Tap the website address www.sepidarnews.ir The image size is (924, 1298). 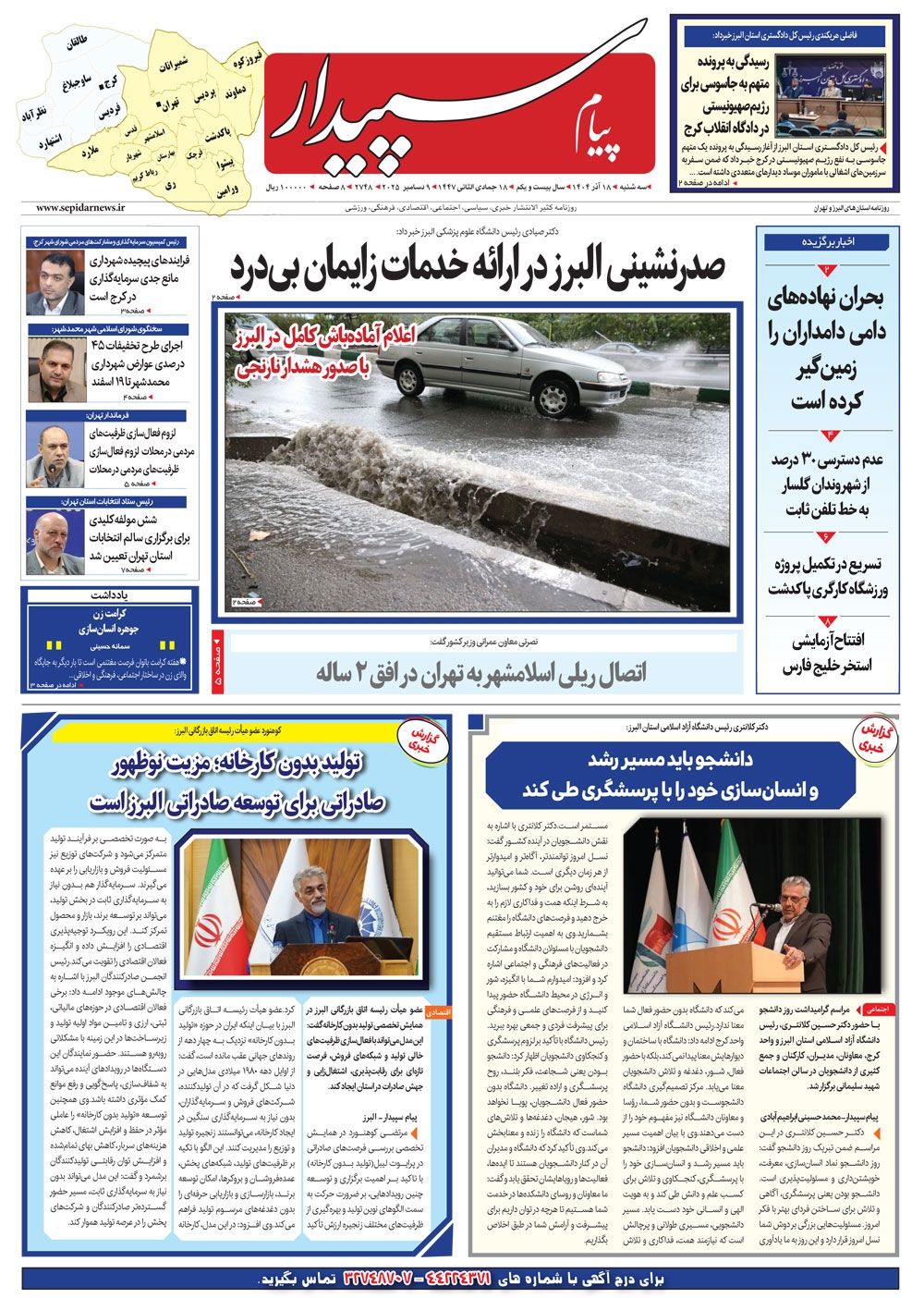(81, 209)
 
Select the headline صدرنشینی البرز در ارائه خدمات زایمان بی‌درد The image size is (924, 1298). (477, 267)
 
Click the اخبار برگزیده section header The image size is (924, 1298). (829, 242)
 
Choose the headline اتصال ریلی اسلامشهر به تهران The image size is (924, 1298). (481, 674)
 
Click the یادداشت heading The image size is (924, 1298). (109, 595)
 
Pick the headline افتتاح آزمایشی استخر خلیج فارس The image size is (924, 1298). (827, 653)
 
